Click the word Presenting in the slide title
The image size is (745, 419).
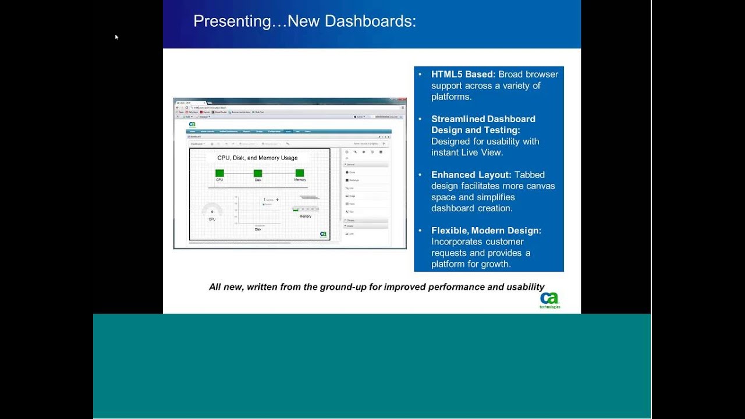click(x=232, y=22)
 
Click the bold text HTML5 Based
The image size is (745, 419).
click(x=463, y=74)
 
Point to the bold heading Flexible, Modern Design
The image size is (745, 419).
click(x=486, y=230)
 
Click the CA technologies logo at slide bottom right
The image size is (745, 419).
click(x=549, y=300)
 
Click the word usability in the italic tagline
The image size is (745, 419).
click(x=523, y=287)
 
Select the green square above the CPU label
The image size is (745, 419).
click(x=219, y=173)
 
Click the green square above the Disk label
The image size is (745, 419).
click(x=258, y=173)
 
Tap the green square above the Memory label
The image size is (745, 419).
click(x=300, y=173)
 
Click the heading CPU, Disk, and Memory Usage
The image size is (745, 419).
click(x=257, y=158)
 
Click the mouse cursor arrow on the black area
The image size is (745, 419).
click(x=116, y=37)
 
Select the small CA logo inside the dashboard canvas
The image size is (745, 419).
click(x=323, y=235)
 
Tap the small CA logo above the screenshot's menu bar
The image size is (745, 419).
click(x=192, y=124)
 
